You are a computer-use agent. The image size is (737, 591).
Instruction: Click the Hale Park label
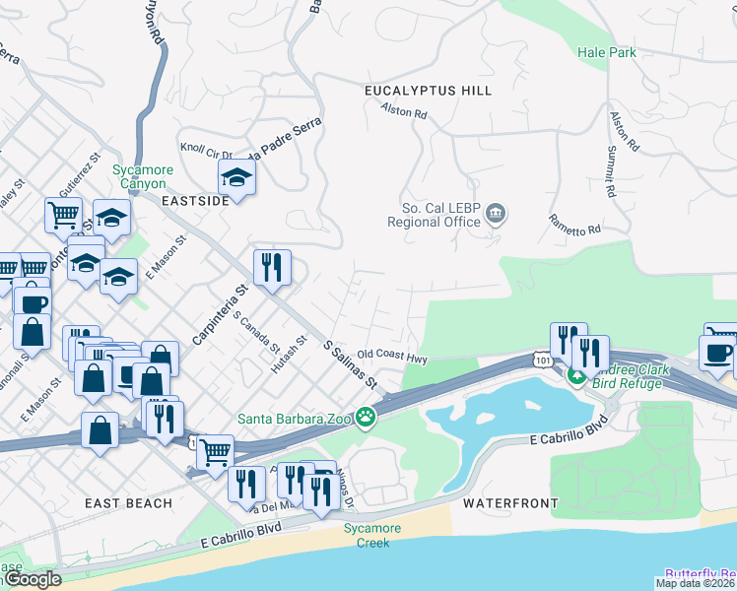pyautogui.click(x=606, y=52)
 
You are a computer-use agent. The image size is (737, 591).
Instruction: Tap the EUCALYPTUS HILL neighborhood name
pyautogui.click(x=428, y=91)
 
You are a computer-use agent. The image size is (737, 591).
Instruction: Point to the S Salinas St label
pyautogui.click(x=351, y=364)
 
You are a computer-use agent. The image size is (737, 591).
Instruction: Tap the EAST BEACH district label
pyautogui.click(x=129, y=503)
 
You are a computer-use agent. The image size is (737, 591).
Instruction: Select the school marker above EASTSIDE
pyautogui.click(x=236, y=177)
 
